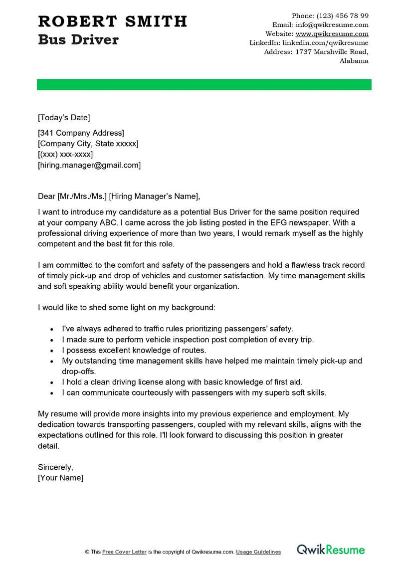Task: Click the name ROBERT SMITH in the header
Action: click(x=112, y=21)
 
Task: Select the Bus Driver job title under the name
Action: click(x=78, y=40)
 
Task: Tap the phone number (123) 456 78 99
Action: click(x=342, y=15)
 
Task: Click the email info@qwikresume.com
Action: click(x=332, y=24)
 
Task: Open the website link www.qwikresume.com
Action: click(x=332, y=34)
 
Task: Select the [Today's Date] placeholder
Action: click(x=64, y=118)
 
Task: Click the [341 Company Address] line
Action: click(x=81, y=133)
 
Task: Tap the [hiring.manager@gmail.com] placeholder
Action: click(x=89, y=165)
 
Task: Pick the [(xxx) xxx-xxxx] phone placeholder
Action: click(x=65, y=154)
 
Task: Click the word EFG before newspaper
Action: click(x=266, y=222)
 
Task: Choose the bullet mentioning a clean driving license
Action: click(x=182, y=382)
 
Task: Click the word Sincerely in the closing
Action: click(x=55, y=467)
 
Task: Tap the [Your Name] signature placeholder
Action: click(x=60, y=478)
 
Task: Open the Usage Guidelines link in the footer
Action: click(x=258, y=552)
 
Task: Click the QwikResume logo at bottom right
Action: click(x=331, y=550)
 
